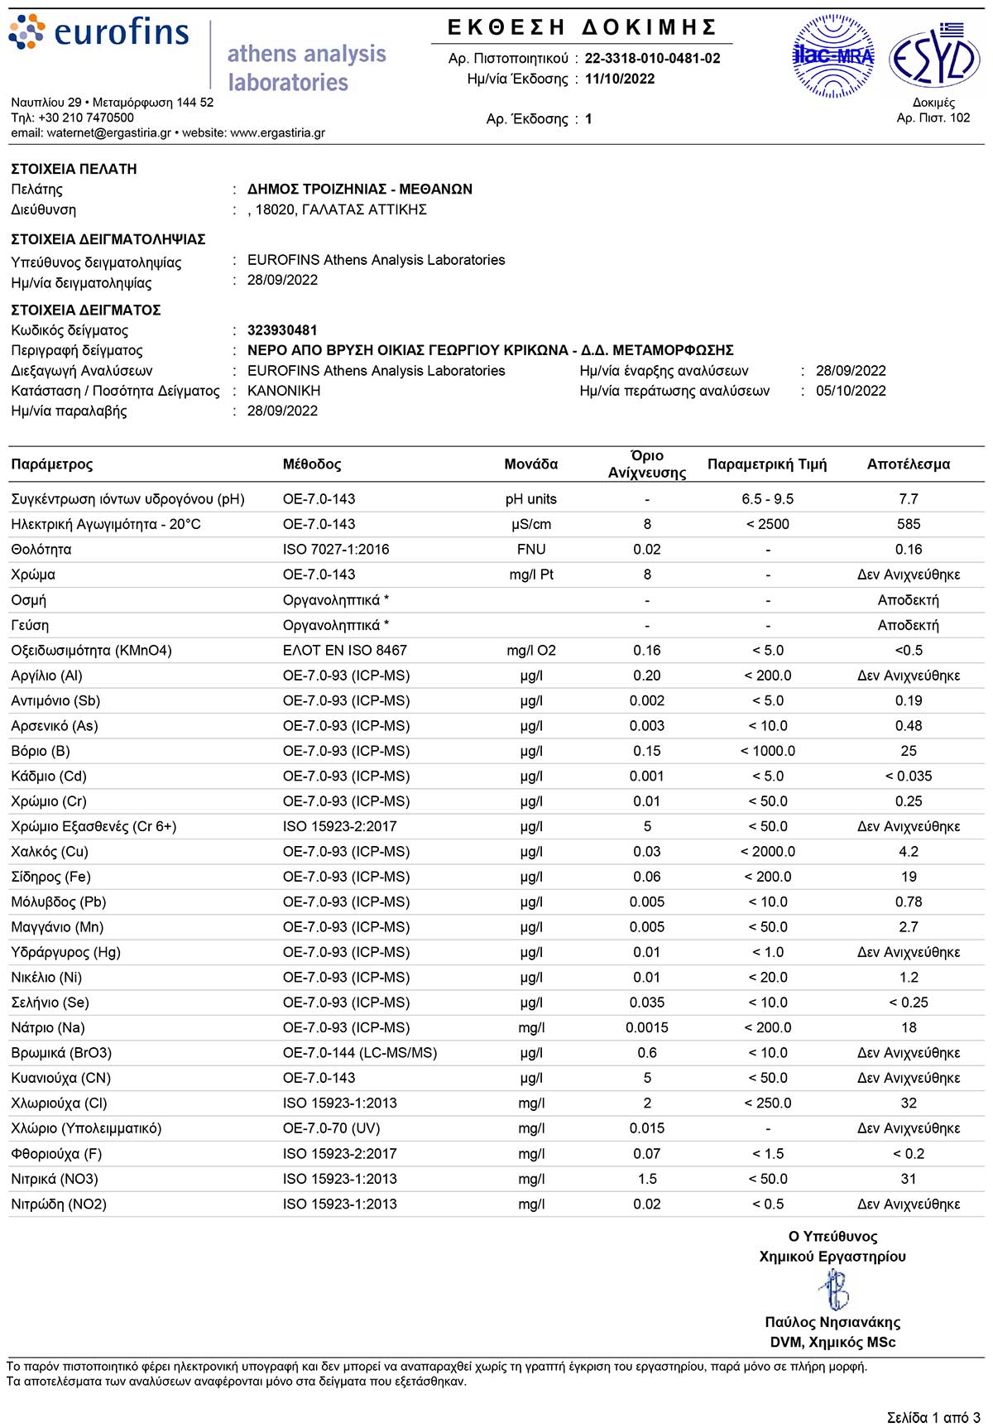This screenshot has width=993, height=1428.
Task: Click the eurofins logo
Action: pyautogui.click(x=99, y=33)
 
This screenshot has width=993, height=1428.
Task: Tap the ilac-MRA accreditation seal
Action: pyautogui.click(x=832, y=56)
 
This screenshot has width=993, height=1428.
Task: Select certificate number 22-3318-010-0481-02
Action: pyautogui.click(x=652, y=58)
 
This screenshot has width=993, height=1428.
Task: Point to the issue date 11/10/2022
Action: pyautogui.click(x=619, y=79)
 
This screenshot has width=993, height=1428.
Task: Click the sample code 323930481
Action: pyautogui.click(x=282, y=330)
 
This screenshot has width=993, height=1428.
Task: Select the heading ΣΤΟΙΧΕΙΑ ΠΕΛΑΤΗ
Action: pyautogui.click(x=74, y=169)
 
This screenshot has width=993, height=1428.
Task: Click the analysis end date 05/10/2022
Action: pyautogui.click(x=851, y=391)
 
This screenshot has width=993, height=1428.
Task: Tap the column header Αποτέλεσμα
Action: pyautogui.click(x=908, y=464)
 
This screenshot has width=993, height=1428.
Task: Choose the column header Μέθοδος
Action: pyautogui.click(x=312, y=464)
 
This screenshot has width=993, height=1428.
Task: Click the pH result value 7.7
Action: pyautogui.click(x=908, y=499)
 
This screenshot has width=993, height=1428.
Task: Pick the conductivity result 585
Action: pyautogui.click(x=908, y=524)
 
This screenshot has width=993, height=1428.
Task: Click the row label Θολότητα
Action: pyautogui.click(x=41, y=550)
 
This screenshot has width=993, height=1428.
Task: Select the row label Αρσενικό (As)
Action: pyautogui.click(x=55, y=726)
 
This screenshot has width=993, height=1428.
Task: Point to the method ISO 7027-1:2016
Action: pyautogui.click(x=336, y=550)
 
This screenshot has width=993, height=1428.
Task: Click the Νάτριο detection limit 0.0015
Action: pyautogui.click(x=646, y=1027)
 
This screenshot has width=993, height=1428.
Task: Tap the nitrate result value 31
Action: pyautogui.click(x=908, y=1179)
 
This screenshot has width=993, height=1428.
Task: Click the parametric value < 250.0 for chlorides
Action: pyautogui.click(x=767, y=1103)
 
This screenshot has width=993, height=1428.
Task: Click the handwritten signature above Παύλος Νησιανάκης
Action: pyautogui.click(x=833, y=1289)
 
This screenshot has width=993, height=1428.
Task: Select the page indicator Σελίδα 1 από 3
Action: pyautogui.click(x=933, y=1417)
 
